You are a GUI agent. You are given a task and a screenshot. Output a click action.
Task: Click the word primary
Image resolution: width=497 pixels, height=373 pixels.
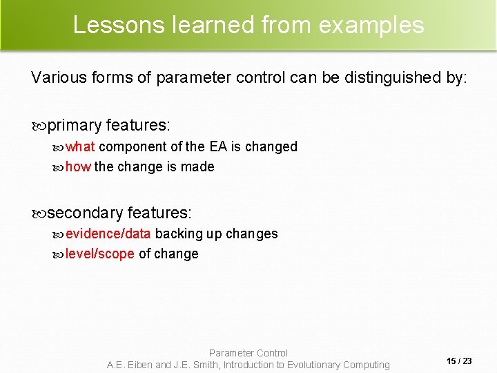(75, 126)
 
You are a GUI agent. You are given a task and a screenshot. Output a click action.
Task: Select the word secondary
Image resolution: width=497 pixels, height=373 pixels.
(86, 213)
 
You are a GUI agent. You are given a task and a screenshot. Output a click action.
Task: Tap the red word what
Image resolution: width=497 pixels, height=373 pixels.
(80, 146)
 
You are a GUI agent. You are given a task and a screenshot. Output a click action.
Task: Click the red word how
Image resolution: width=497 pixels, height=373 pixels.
(78, 166)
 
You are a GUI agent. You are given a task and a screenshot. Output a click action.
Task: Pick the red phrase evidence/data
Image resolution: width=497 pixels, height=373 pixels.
(108, 233)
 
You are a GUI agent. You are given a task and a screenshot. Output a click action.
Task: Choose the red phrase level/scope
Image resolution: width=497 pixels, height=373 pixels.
(100, 254)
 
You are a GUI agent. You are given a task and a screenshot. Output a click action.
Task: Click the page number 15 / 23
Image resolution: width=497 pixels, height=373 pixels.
(459, 361)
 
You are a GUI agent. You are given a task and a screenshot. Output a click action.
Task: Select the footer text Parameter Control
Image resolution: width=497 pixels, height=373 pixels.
(248, 353)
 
